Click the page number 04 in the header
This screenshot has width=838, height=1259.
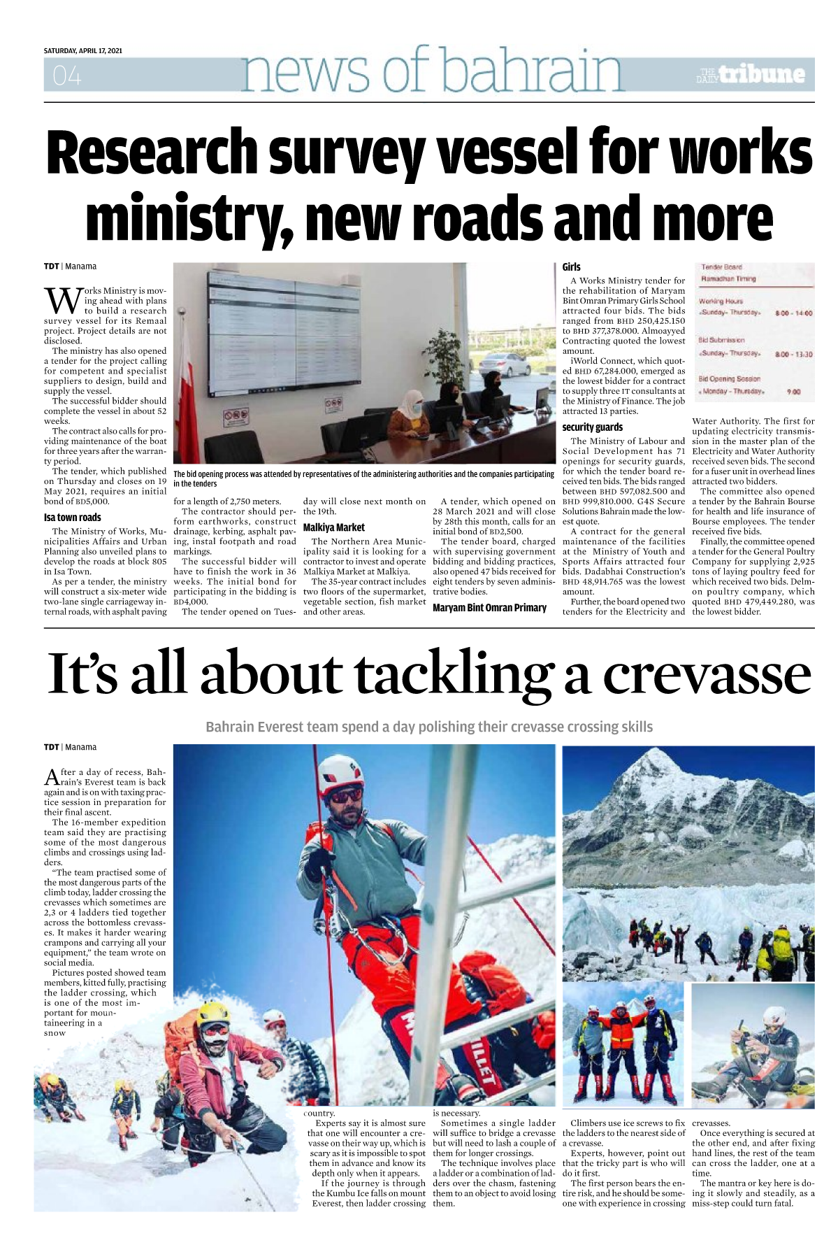(x=66, y=76)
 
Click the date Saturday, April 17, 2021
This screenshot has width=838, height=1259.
(x=82, y=51)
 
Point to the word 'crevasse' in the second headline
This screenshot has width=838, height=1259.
(x=707, y=674)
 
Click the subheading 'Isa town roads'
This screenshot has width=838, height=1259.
(x=72, y=518)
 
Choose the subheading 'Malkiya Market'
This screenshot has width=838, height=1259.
(x=333, y=527)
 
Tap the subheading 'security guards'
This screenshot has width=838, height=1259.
(x=592, y=427)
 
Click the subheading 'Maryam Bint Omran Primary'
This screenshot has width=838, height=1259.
(x=489, y=607)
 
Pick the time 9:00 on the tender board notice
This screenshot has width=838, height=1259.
(x=793, y=392)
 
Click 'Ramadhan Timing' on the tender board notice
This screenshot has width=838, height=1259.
(x=728, y=278)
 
